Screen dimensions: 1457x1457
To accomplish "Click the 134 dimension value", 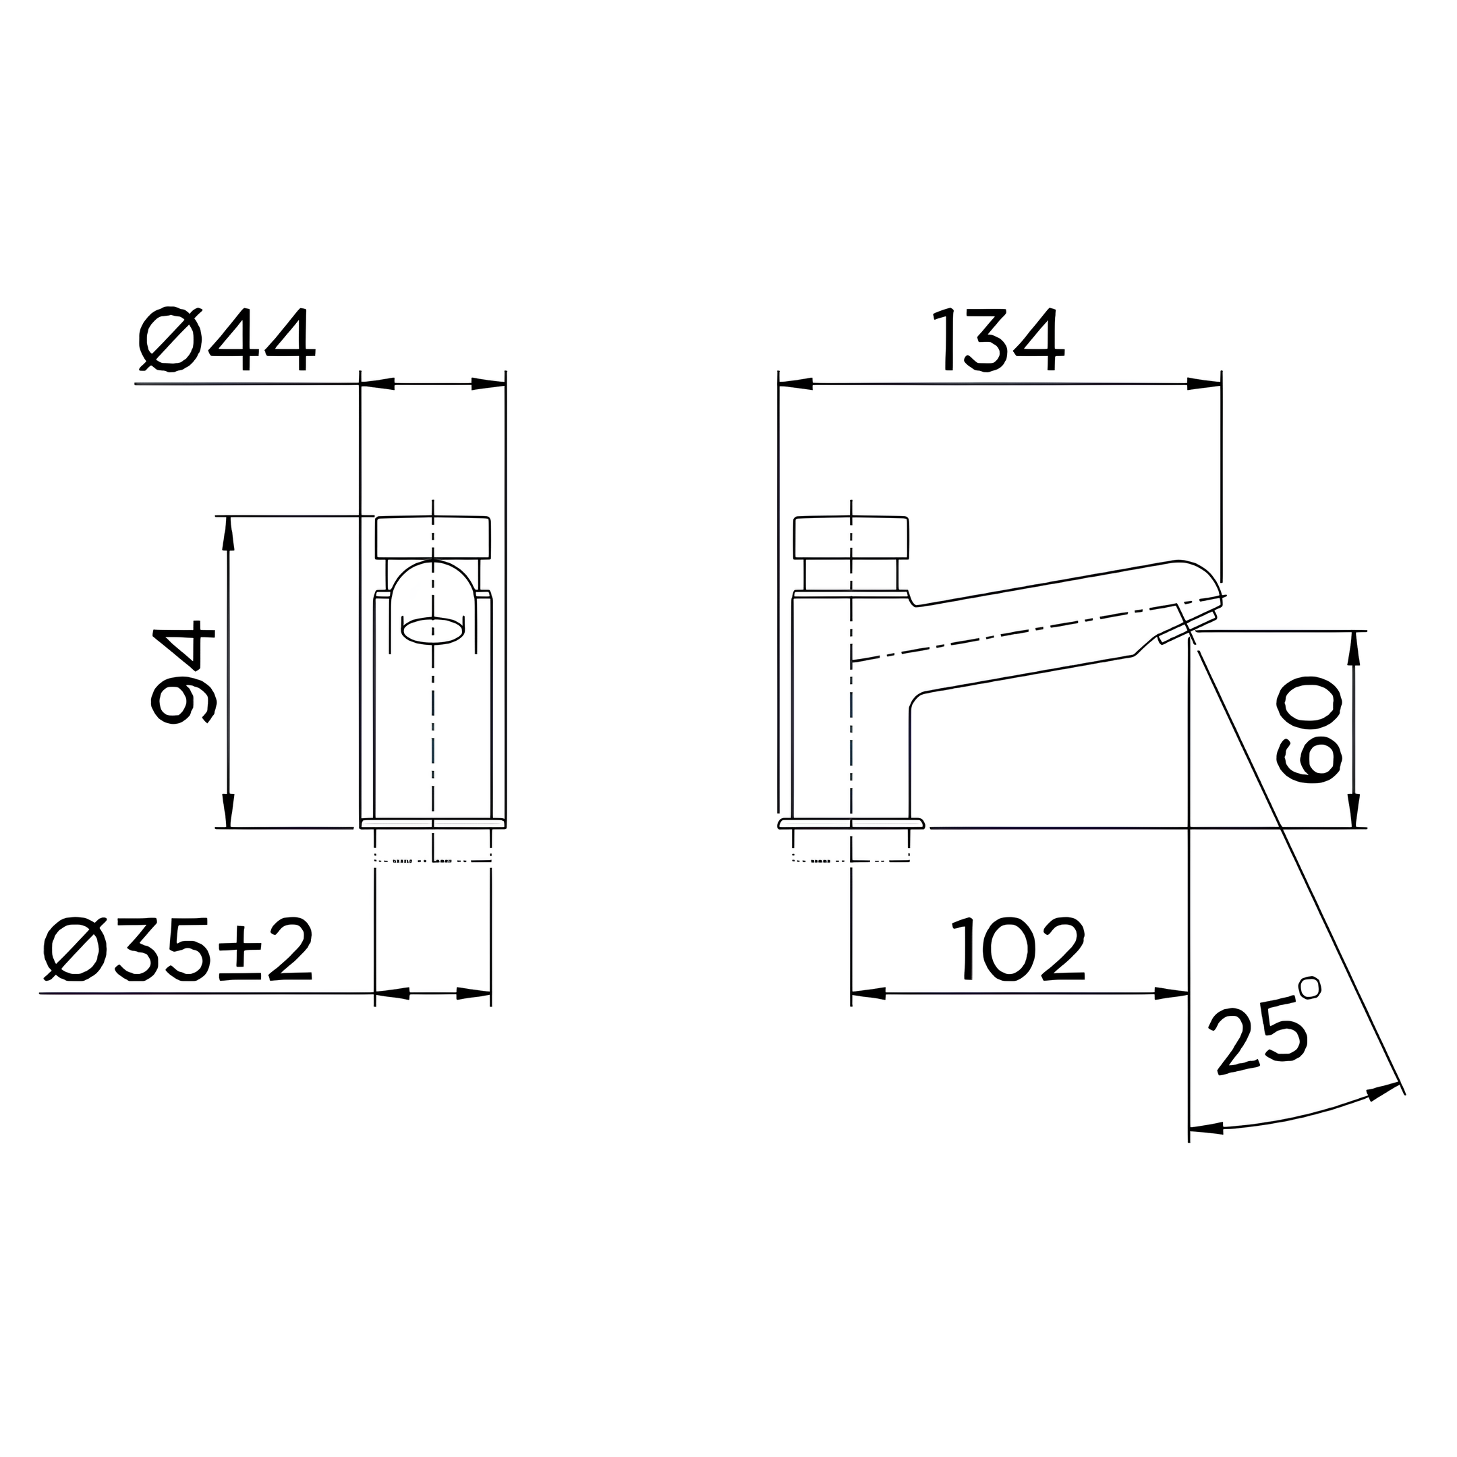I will pyautogui.click(x=998, y=340).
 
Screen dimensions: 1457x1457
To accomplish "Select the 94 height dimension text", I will pyautogui.click(x=183, y=672).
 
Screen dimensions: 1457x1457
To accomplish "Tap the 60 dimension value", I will pyautogui.click(x=1310, y=729).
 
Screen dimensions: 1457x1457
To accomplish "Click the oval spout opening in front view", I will pyautogui.click(x=433, y=631).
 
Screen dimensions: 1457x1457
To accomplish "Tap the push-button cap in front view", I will pyautogui.click(x=433, y=537).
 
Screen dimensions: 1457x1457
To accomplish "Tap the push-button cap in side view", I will pyautogui.click(x=851, y=537).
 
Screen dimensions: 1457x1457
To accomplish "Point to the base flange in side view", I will pyautogui.click(x=851, y=823).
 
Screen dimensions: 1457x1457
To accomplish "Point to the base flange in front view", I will pyautogui.click(x=433, y=823).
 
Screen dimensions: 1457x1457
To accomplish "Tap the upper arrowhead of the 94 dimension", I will pyautogui.click(x=229, y=532).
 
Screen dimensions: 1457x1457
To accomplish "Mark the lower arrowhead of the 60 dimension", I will pyautogui.click(x=1354, y=810).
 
